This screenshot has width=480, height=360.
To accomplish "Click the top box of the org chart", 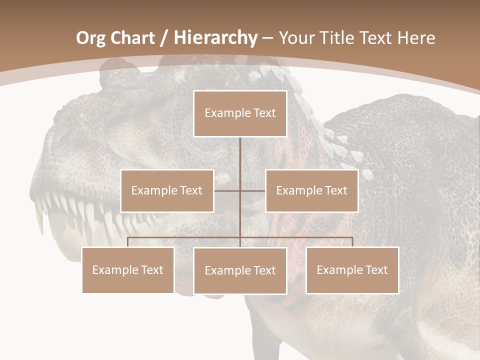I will click(240, 113).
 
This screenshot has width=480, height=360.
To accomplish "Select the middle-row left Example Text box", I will click(167, 190).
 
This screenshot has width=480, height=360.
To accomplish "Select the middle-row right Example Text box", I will click(311, 190).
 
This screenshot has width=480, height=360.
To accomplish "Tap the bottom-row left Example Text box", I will click(128, 270).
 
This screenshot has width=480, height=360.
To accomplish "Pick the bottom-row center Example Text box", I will click(240, 270).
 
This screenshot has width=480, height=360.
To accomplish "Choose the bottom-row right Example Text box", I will click(352, 270).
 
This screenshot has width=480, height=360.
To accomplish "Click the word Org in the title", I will click(90, 38).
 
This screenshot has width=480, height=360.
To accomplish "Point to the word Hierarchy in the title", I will click(215, 38).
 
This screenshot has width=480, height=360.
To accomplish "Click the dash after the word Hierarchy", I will click(267, 38).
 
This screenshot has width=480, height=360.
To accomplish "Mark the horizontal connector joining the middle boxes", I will click(227, 190).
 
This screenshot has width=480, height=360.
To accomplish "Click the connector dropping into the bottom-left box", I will click(128, 242).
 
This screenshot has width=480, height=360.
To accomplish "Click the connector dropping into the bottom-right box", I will click(352, 242).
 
